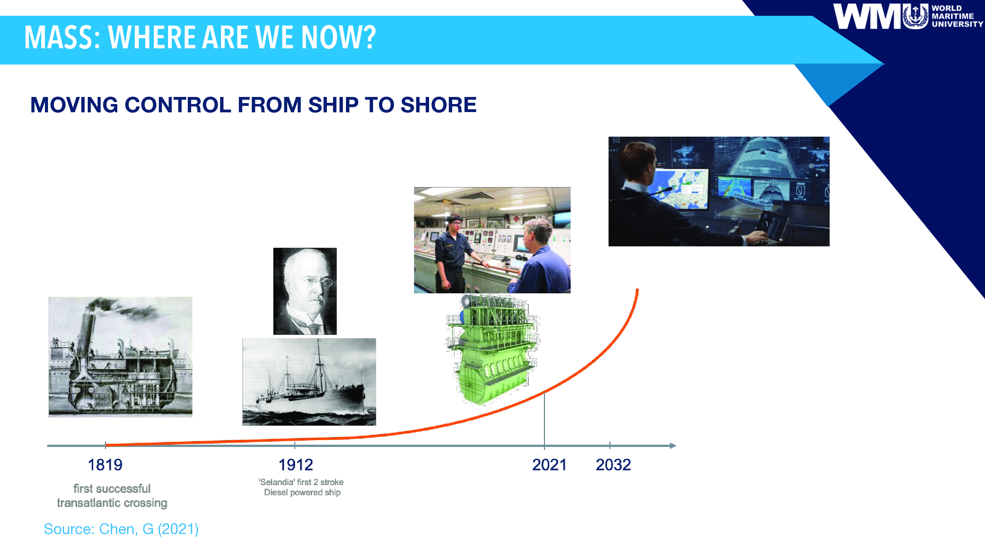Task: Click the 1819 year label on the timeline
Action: (x=105, y=465)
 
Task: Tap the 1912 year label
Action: (x=295, y=465)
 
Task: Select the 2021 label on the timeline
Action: (x=549, y=465)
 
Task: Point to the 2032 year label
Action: (x=613, y=465)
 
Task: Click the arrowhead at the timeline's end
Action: (x=673, y=445)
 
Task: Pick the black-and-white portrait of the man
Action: (x=305, y=291)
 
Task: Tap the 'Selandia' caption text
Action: (x=301, y=487)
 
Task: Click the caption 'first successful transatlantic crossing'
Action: (x=112, y=496)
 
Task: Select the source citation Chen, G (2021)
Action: (x=121, y=529)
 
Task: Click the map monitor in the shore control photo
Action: (x=681, y=189)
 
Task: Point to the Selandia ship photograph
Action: (x=309, y=382)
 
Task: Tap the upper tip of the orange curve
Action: (x=637, y=289)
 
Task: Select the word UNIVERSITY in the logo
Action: (x=957, y=24)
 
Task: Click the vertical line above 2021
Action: (x=544, y=419)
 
